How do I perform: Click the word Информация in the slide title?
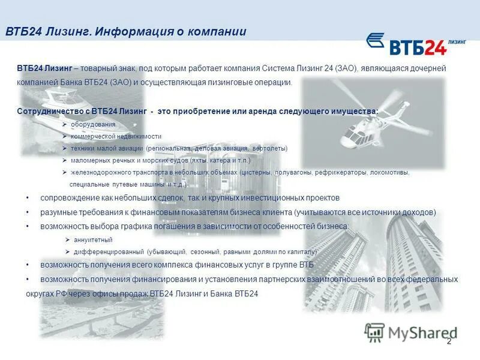click(x=128, y=32)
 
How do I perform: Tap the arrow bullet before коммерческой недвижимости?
click(x=65, y=136)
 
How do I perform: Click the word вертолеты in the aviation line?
click(x=270, y=148)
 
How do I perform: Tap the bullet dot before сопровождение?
click(x=28, y=198)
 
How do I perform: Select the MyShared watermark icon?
click(x=374, y=332)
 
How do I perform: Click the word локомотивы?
click(x=389, y=172)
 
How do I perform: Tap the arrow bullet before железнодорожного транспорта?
click(x=65, y=172)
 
